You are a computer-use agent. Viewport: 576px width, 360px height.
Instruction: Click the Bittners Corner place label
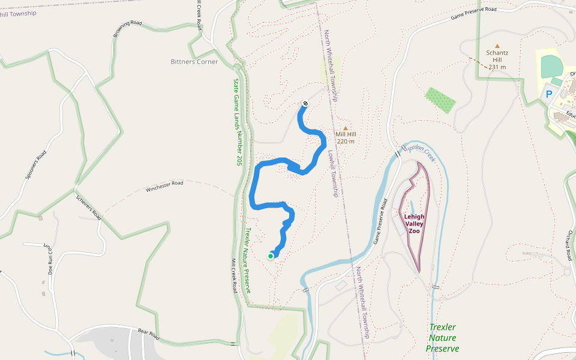(x=194, y=62)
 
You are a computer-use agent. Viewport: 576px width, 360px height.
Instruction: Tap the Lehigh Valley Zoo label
(x=414, y=224)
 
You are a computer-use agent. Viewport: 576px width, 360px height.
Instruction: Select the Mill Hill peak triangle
(x=345, y=128)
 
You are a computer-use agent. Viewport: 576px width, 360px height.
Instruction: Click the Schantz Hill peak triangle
(x=497, y=46)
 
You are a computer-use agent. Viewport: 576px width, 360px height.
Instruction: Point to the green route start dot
(x=271, y=256)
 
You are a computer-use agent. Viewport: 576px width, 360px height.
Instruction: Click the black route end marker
(x=305, y=103)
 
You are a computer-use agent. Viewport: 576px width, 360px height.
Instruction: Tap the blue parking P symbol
(x=548, y=94)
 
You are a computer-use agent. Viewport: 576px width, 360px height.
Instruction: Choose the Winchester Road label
(x=164, y=187)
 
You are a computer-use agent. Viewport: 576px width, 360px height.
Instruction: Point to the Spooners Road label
(x=36, y=166)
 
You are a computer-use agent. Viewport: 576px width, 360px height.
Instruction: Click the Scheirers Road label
(x=88, y=205)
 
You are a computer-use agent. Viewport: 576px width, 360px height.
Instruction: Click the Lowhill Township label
(x=333, y=173)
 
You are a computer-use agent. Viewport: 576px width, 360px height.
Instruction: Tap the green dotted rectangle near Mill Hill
(x=440, y=100)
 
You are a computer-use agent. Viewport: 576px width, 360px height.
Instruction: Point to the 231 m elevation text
(x=497, y=67)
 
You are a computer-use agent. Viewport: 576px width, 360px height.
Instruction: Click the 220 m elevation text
(x=346, y=142)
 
